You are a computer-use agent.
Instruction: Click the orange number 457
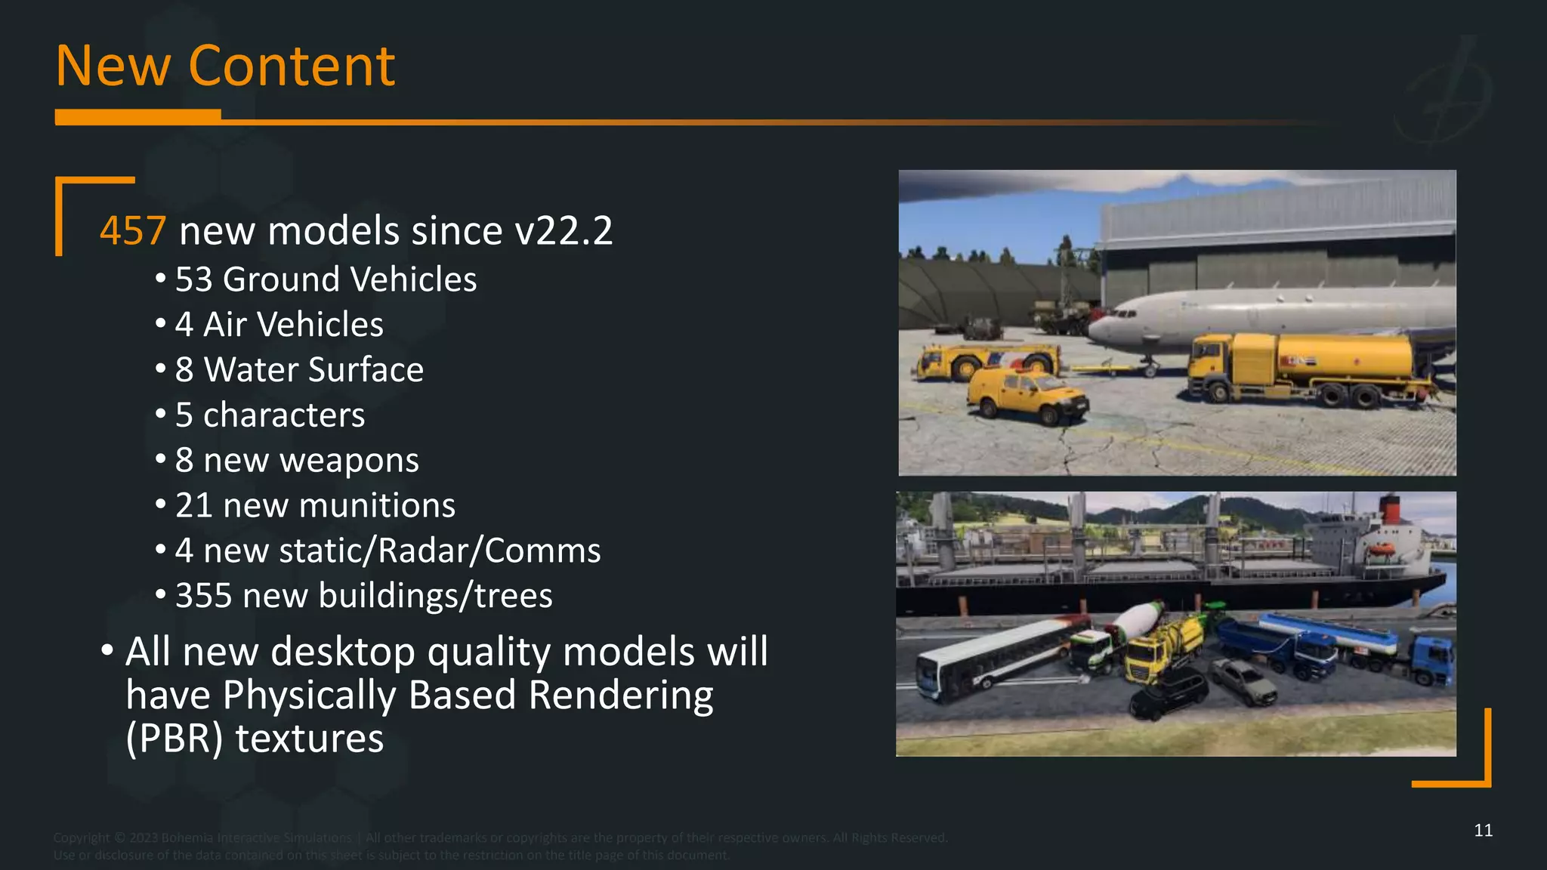pos(133,231)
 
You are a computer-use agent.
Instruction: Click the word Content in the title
pos(292,66)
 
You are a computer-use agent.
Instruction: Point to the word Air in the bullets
pos(225,325)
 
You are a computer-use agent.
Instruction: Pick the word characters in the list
pos(284,415)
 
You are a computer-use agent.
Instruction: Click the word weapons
pos(356,461)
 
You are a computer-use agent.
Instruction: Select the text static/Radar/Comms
pos(440,551)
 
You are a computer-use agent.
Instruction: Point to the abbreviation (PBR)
pos(174,739)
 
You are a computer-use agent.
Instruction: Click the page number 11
pos(1483,831)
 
